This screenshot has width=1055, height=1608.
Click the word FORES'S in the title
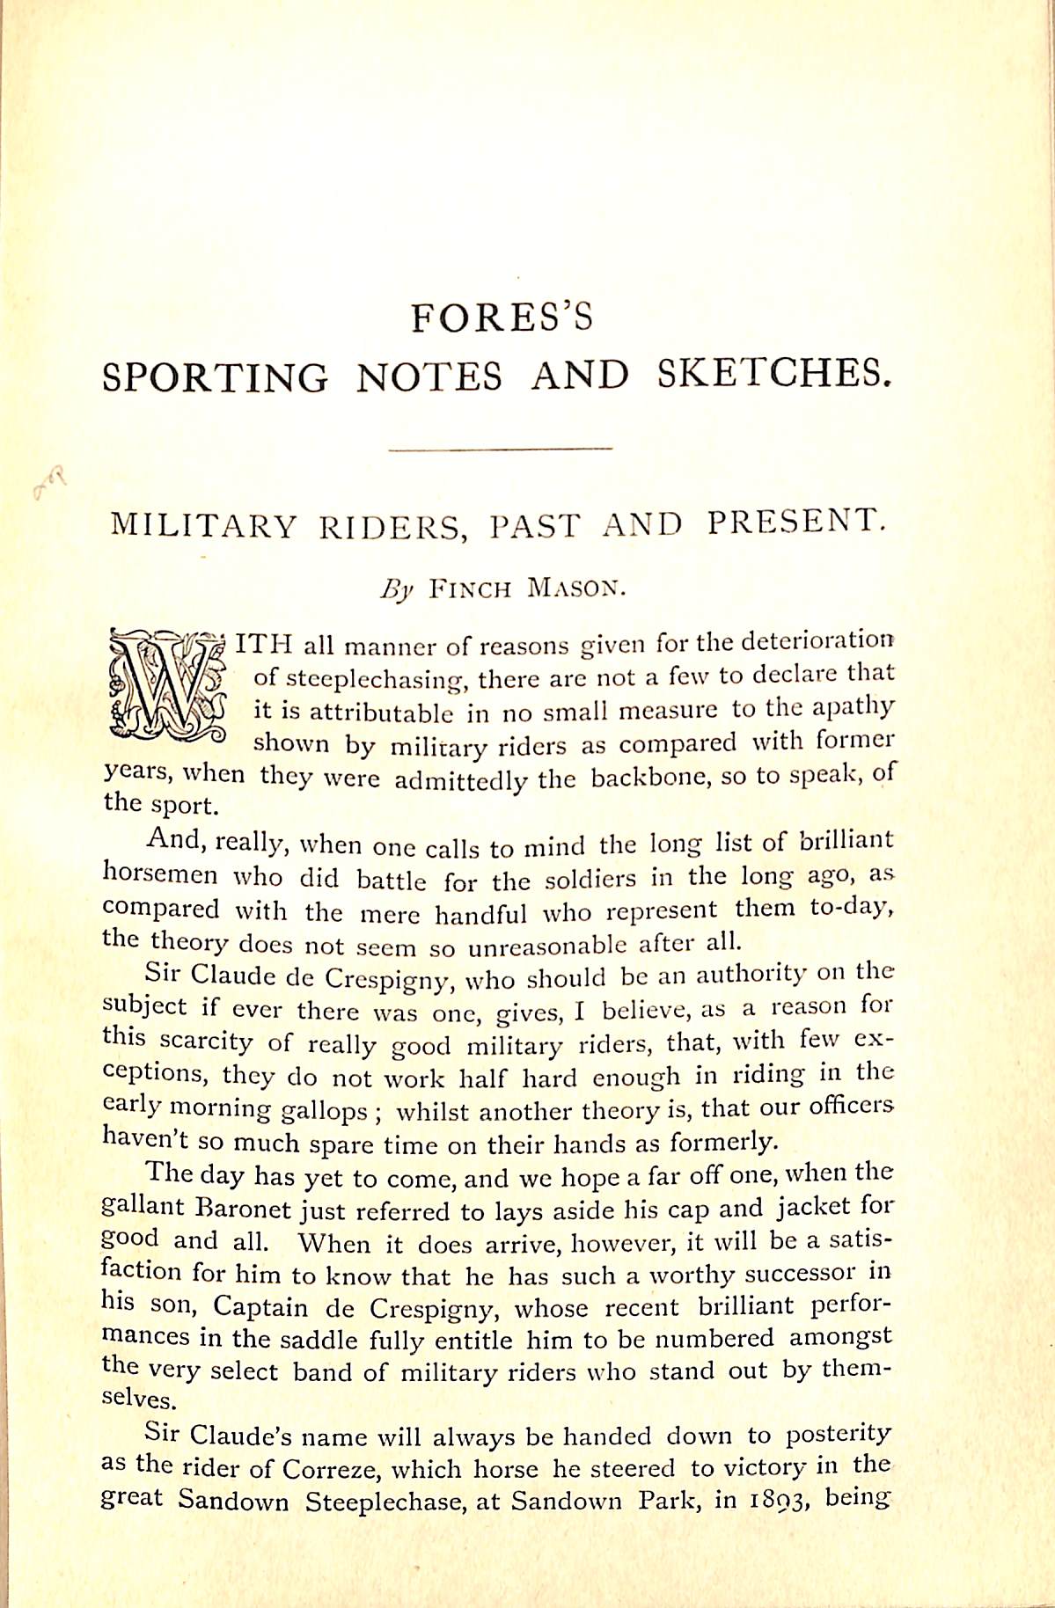(502, 318)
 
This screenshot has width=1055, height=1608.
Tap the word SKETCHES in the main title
(773, 375)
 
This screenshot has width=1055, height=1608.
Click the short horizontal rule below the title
(500, 450)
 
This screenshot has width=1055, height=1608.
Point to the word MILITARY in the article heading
(204, 525)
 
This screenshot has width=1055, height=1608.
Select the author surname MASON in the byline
(575, 588)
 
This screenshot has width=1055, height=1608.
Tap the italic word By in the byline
(396, 589)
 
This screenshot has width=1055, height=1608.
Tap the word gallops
(324, 1111)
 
